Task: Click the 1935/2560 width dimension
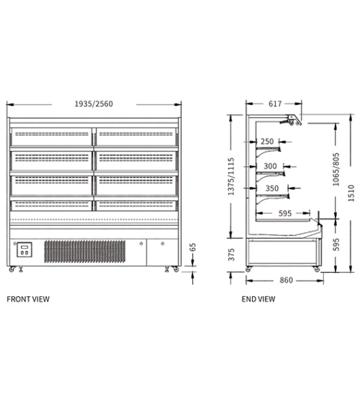click(94, 104)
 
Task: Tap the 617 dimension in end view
click(275, 104)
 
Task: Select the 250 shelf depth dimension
click(267, 142)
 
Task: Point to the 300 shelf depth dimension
click(270, 166)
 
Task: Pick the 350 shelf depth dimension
click(272, 188)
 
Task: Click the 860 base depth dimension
click(286, 280)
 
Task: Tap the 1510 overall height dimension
click(351, 193)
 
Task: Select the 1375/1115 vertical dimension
click(231, 176)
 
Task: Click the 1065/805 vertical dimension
click(336, 170)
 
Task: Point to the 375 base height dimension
click(231, 255)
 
